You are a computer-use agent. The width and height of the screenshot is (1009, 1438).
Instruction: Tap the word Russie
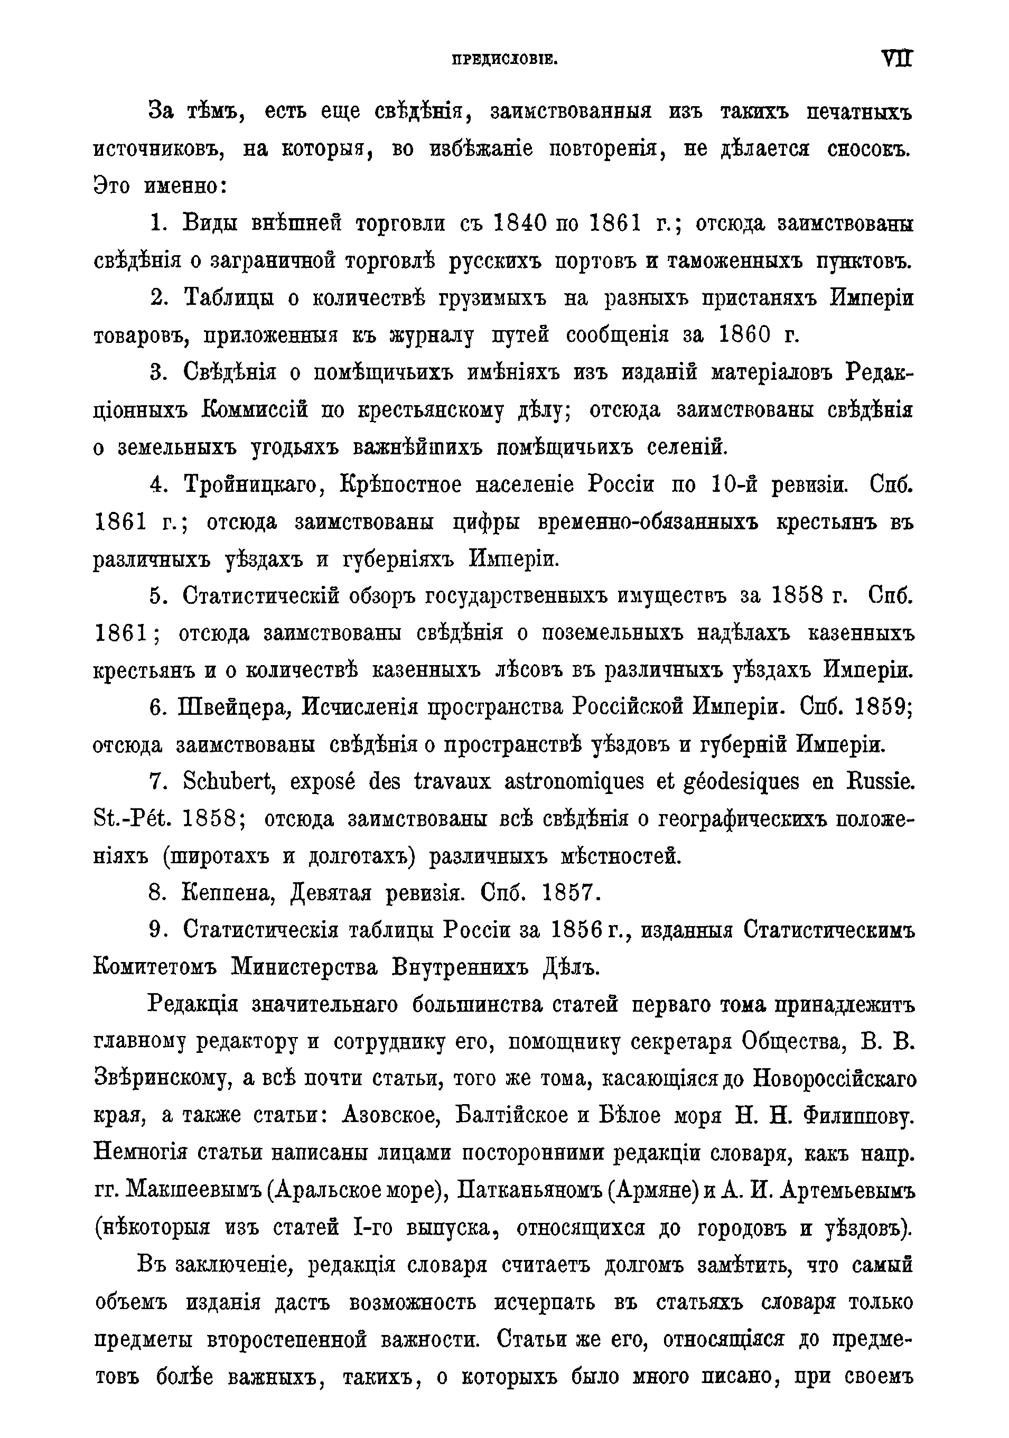(876, 782)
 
